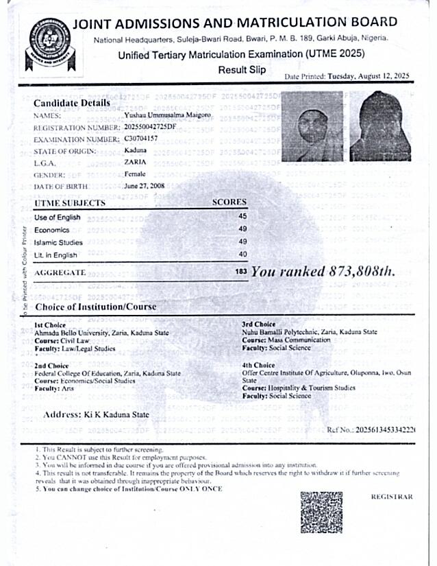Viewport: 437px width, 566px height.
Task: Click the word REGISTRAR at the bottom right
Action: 392,497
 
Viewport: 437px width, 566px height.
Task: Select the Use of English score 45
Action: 242,216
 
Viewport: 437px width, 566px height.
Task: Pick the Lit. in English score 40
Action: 242,255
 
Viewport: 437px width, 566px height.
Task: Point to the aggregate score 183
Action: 240,272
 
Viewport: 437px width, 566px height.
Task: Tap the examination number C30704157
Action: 141,139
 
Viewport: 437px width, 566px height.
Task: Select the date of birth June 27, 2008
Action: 145,186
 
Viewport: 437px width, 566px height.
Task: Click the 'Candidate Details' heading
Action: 72,104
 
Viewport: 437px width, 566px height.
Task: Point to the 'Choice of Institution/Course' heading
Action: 95,307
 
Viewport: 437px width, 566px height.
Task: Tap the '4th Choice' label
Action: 258,366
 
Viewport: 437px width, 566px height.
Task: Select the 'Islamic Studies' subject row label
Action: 58,242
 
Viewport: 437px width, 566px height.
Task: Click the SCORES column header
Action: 229,202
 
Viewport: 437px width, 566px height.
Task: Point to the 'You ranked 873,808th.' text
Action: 323,272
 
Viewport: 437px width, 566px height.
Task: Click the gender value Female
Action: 135,174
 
